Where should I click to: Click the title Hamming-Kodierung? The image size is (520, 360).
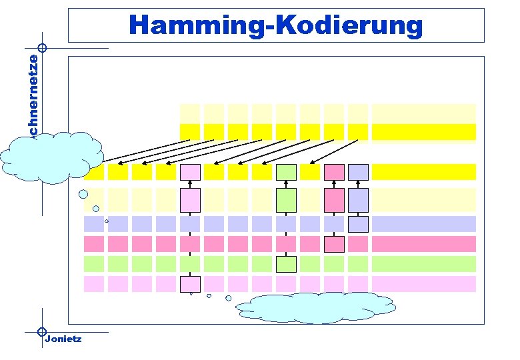276,25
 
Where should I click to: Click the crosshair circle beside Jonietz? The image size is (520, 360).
42,331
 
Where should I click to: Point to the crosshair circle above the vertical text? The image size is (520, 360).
42,48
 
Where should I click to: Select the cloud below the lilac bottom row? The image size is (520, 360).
314,309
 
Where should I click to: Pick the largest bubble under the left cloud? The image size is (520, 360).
83,195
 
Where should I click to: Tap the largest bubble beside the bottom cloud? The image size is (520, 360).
229,298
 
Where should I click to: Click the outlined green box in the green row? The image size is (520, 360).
286,264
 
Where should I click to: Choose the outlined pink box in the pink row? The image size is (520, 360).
334,244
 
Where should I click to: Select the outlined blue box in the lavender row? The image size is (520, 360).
358,224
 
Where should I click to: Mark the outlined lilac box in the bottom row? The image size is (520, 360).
190,284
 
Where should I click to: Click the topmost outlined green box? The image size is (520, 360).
286,172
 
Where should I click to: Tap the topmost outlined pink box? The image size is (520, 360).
334,172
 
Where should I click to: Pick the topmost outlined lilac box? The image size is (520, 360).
190,172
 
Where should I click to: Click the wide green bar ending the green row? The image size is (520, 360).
423,264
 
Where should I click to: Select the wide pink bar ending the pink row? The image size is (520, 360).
423,244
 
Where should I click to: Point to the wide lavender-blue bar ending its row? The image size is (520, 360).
423,224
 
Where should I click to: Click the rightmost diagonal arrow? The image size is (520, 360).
339,151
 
